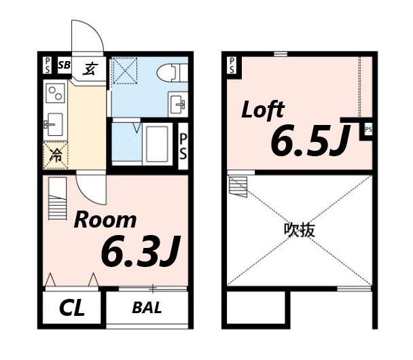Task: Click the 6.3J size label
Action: pyautogui.click(x=139, y=252)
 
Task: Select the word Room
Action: pyautogui.click(x=105, y=220)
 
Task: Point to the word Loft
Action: pyautogui.click(x=263, y=110)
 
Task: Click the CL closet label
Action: pyautogui.click(x=71, y=309)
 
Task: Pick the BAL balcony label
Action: pyautogui.click(x=147, y=308)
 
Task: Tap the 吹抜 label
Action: pyautogui.click(x=299, y=230)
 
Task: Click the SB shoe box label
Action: pyautogui.click(x=64, y=66)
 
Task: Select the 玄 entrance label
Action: pyautogui.click(x=90, y=68)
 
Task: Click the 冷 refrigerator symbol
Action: pyautogui.click(x=55, y=156)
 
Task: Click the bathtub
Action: pyautogui.click(x=158, y=143)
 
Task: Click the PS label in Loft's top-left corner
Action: pyautogui.click(x=232, y=66)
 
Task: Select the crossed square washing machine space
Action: pyautogui.click(x=125, y=70)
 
